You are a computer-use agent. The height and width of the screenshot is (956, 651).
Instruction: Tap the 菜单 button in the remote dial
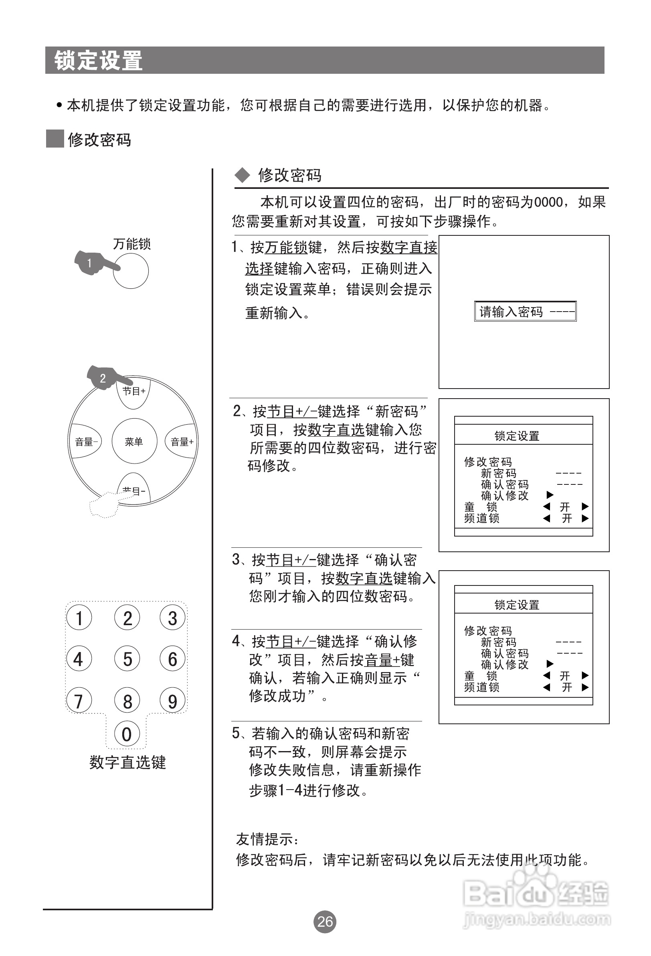pyautogui.click(x=134, y=442)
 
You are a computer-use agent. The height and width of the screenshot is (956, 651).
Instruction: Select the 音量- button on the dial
pyautogui.click(x=85, y=442)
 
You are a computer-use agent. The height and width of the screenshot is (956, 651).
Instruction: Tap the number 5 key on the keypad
pyautogui.click(x=127, y=659)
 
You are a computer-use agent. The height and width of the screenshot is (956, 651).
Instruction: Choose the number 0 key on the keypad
pyautogui.click(x=127, y=734)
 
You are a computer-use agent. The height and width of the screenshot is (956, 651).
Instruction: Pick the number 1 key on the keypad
pyautogui.click(x=79, y=618)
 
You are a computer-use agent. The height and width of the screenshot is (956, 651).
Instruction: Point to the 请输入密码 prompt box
pyautogui.click(x=525, y=312)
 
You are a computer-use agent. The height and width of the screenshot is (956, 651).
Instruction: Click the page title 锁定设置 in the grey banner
pyautogui.click(x=99, y=61)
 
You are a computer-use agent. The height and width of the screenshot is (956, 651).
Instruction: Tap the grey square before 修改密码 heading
pyautogui.click(x=55, y=139)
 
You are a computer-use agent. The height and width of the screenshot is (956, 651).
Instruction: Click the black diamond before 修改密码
pyautogui.click(x=242, y=175)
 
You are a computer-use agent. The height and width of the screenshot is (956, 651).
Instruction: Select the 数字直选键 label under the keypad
pyautogui.click(x=127, y=762)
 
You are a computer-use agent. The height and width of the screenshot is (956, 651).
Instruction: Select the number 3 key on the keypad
pyautogui.click(x=173, y=618)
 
